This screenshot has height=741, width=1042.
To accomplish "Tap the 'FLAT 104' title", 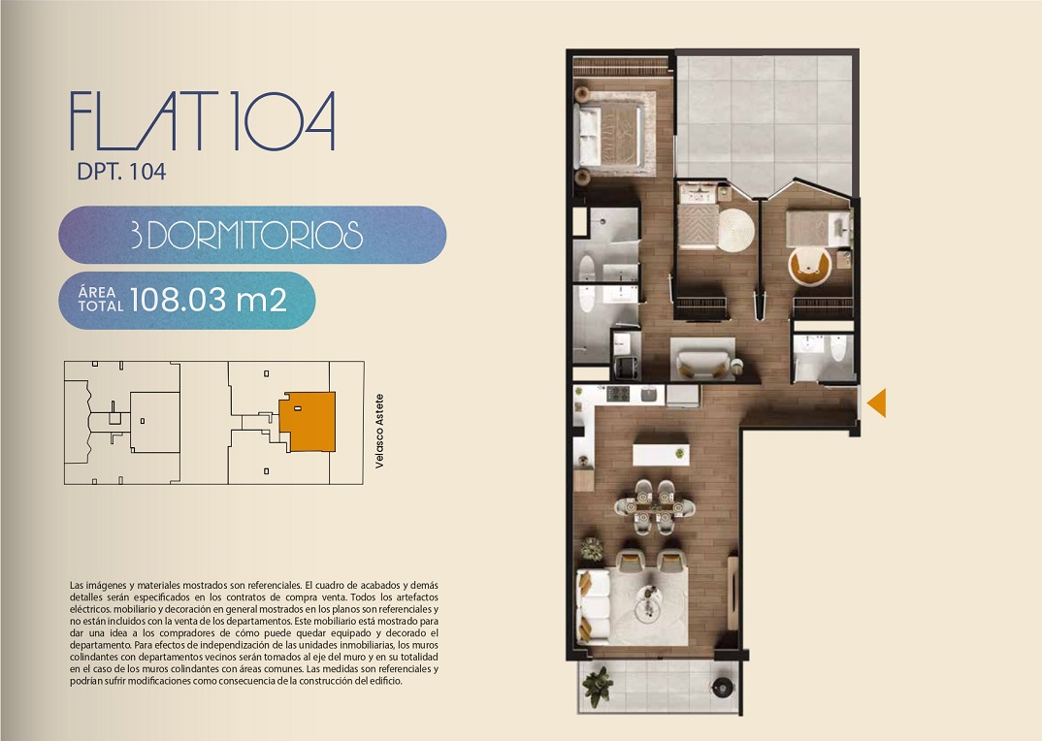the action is point(203,121).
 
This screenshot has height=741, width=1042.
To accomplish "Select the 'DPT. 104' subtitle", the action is point(121,172).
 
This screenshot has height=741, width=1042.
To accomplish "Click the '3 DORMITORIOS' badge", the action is point(252,235).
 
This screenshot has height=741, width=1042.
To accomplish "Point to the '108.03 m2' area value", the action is point(208,300).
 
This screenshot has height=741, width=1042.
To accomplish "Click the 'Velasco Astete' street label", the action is point(379,432).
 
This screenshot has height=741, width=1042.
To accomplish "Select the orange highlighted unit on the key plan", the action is point(308,421).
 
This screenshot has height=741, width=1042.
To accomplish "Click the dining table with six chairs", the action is point(655,507).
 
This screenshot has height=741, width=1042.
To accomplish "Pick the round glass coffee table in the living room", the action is point(648,604).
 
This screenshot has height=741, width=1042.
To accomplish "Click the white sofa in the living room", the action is point(593,606).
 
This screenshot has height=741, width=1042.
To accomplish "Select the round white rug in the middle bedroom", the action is point(735,230).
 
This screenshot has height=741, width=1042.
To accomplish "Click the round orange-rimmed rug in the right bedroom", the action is point(809,267).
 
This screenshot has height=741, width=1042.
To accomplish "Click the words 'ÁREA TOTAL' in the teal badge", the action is point(100,300).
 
